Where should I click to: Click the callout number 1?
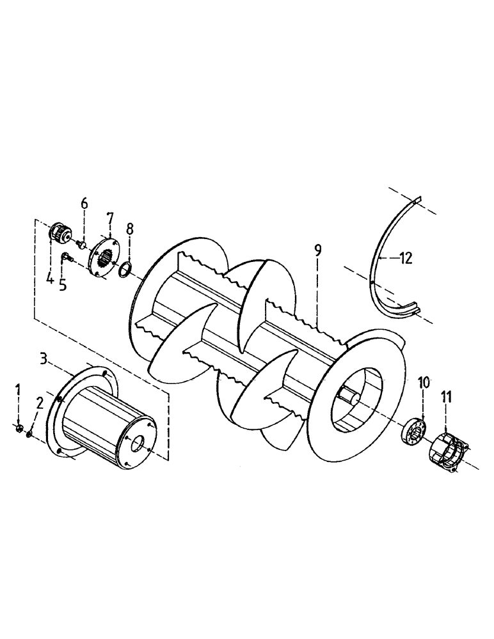pyautogui.click(x=19, y=389)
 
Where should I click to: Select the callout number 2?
pyautogui.click(x=40, y=403)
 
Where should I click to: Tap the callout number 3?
pyautogui.click(x=44, y=358)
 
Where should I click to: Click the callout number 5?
pyautogui.click(x=63, y=284)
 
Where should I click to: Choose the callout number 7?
pyautogui.click(x=109, y=219)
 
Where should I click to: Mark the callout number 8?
pyautogui.click(x=130, y=228)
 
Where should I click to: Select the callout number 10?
pyautogui.click(x=424, y=383)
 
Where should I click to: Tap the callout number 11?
pyautogui.click(x=446, y=397)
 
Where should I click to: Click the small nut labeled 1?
pyautogui.click(x=20, y=427)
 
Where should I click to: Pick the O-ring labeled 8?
pyautogui.click(x=125, y=271)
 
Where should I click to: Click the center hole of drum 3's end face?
pyautogui.click(x=137, y=443)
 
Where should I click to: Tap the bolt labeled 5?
pyautogui.click(x=67, y=258)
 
